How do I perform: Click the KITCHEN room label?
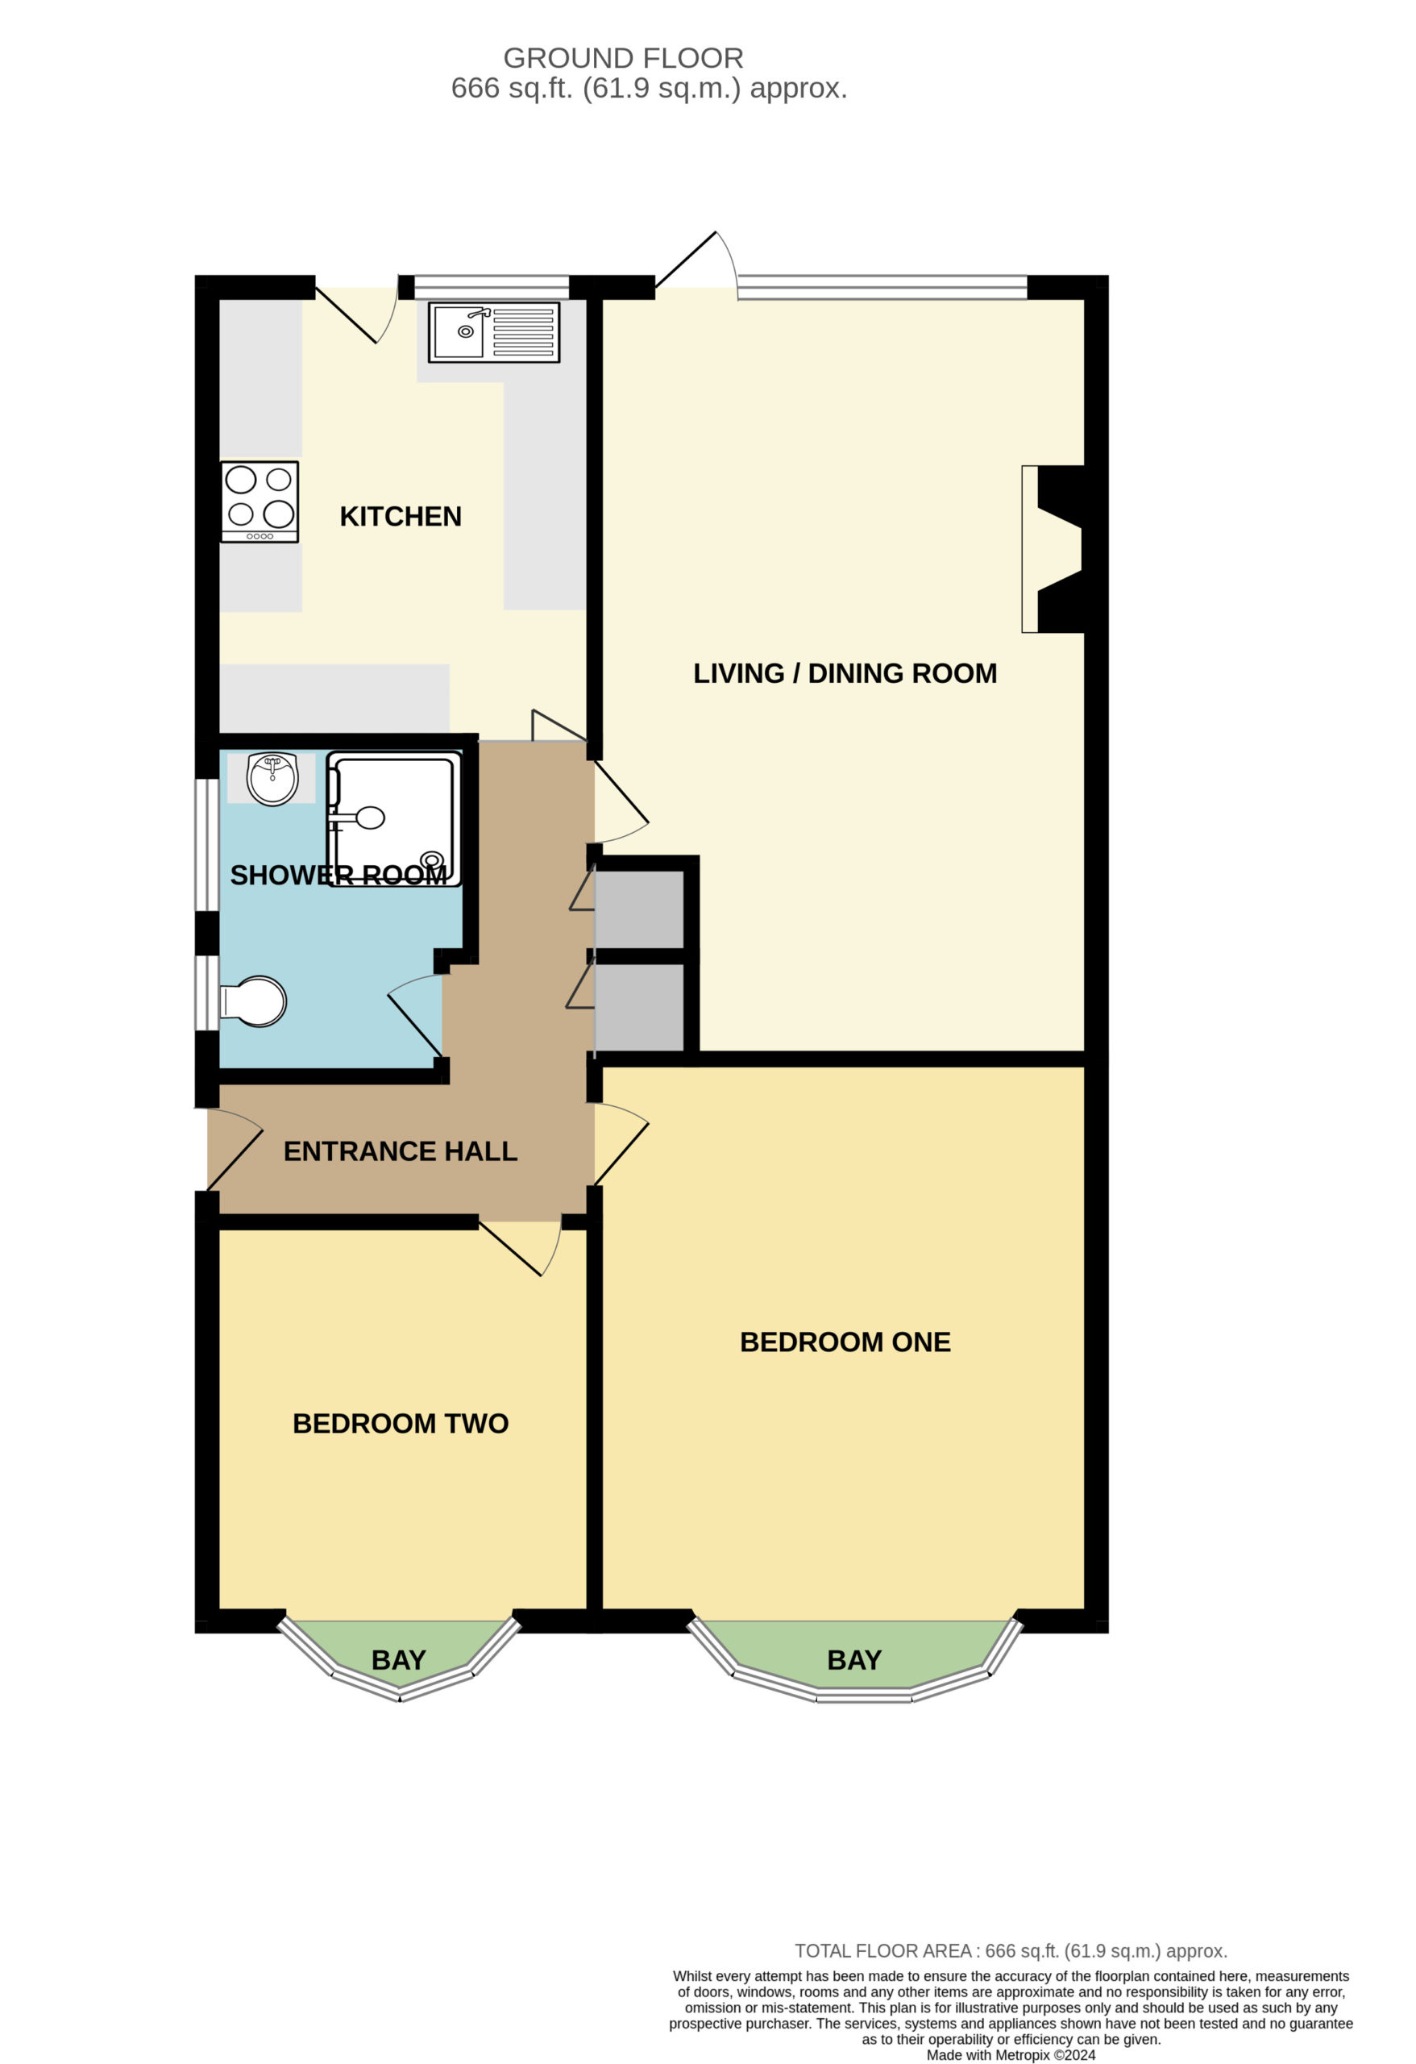tap(401, 516)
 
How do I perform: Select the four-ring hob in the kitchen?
tap(260, 501)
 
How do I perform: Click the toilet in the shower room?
tap(253, 1002)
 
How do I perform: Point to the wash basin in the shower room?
tap(272, 778)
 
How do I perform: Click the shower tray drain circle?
tap(432, 859)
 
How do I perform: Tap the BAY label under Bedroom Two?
tap(399, 1659)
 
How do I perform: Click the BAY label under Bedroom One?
tap(854, 1659)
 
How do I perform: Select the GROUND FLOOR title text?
tap(623, 58)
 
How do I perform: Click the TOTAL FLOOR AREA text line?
tap(1011, 1951)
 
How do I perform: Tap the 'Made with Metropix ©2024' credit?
tap(1011, 2055)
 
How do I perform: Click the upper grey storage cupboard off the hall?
tap(638, 909)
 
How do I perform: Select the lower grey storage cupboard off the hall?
tap(638, 1006)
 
